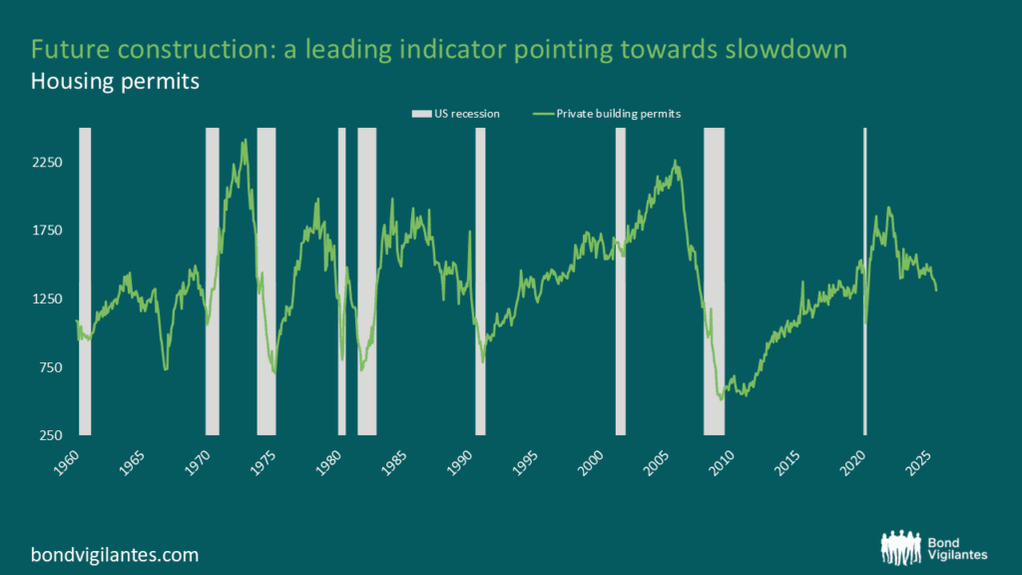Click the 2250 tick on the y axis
[x=48, y=162]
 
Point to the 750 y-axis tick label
[x=51, y=367]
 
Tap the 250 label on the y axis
[x=51, y=435]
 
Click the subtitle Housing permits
[x=115, y=82]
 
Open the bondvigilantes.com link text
[x=115, y=554]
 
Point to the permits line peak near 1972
[x=245, y=141]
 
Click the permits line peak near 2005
[x=676, y=161]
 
